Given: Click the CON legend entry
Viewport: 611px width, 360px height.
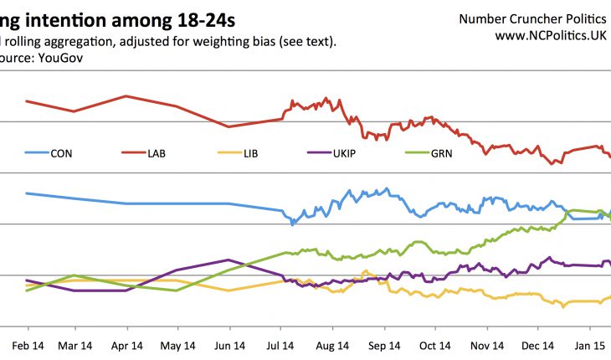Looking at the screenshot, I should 61,153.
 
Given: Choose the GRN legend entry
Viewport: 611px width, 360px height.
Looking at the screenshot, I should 440,153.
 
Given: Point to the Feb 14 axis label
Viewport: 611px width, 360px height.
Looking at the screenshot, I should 27,345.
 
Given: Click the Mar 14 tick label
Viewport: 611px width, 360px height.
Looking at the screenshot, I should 75,345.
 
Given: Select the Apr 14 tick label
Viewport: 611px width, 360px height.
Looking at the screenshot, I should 126,345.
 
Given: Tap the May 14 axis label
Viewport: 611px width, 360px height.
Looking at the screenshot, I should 177,345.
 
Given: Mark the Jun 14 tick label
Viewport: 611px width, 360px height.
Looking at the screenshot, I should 228,345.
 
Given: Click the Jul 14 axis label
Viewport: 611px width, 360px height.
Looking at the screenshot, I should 281,345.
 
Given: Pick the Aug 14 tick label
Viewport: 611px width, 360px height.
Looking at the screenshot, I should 332,345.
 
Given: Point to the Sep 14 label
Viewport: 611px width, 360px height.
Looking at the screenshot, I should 383,345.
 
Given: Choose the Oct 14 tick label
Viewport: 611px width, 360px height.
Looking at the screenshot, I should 434,345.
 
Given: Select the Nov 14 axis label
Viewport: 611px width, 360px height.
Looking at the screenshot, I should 486,345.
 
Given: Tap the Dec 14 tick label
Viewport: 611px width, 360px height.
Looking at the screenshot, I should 537,345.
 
